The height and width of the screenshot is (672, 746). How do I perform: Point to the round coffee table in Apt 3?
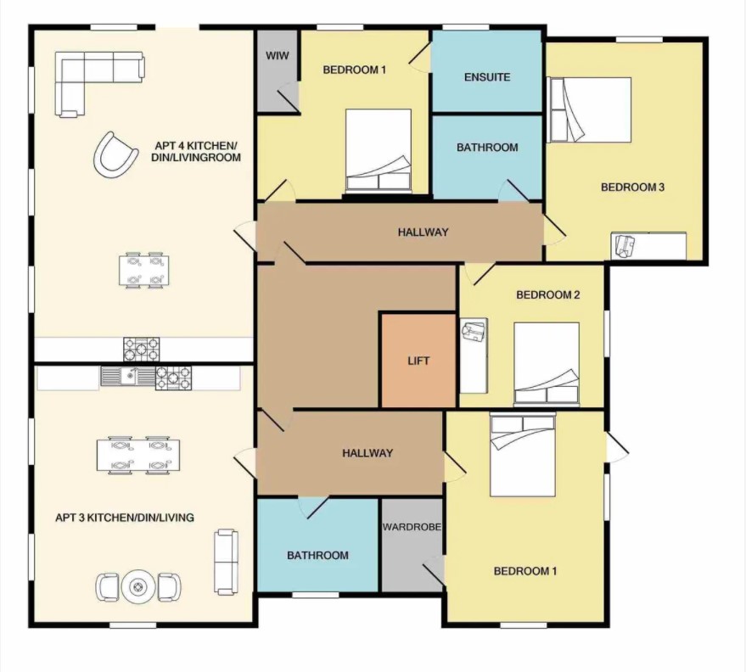(138, 586)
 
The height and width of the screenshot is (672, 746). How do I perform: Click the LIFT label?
(418, 361)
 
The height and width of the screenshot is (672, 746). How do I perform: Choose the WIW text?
(277, 55)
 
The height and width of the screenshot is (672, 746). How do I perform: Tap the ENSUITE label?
(487, 77)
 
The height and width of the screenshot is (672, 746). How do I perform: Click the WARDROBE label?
(412, 527)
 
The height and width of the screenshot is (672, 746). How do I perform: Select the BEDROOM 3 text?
(632, 188)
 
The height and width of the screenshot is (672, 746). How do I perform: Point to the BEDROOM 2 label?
(548, 295)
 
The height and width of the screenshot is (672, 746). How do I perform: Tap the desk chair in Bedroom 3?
(625, 246)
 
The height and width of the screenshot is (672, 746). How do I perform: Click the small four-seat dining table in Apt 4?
(144, 270)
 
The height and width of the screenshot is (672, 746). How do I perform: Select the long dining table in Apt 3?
(138, 454)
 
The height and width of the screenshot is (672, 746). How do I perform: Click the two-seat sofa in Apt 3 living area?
(225, 561)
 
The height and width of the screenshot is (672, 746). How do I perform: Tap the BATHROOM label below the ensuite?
(487, 148)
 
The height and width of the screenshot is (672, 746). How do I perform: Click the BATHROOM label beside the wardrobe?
(317, 556)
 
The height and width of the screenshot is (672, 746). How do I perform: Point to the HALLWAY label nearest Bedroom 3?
(423, 232)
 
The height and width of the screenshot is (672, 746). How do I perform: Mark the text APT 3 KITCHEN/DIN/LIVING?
(125, 517)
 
